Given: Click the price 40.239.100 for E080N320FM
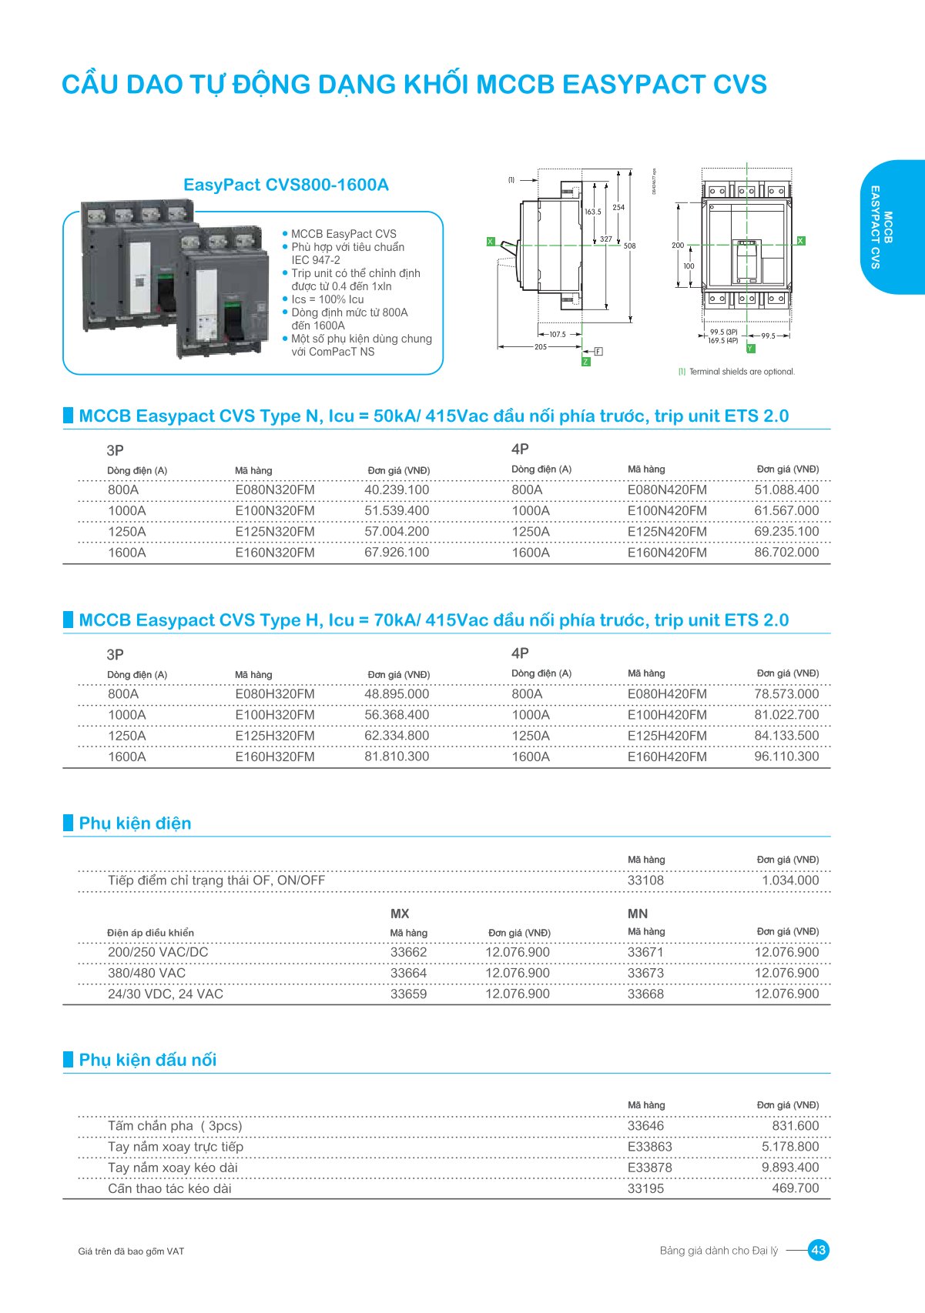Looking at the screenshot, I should coord(397,490).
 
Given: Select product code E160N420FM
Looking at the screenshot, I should coord(667,553).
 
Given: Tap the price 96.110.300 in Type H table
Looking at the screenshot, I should coord(786,757).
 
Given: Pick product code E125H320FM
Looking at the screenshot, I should coord(275,736).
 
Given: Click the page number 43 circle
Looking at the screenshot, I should coord(819,1250).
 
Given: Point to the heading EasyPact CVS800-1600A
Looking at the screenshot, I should coord(286,185).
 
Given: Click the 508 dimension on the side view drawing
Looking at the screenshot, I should coord(630,246).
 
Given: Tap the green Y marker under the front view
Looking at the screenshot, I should coord(750,349).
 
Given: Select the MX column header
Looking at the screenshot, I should coord(400,914).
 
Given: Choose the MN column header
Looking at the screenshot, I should coord(638,914).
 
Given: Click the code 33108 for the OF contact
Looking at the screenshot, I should coord(645,880).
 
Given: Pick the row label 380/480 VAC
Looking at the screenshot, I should coord(146,973).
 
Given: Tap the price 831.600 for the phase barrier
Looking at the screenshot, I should coord(796,1126).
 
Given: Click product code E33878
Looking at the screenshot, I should coord(649,1168).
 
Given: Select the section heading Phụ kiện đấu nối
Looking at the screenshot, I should coord(147,1060).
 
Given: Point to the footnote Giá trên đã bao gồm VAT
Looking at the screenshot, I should coord(131,1251).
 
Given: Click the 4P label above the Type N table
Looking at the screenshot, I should coord(520,449).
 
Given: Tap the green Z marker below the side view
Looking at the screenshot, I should coord(586,362).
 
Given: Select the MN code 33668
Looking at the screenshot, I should coord(645,994).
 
